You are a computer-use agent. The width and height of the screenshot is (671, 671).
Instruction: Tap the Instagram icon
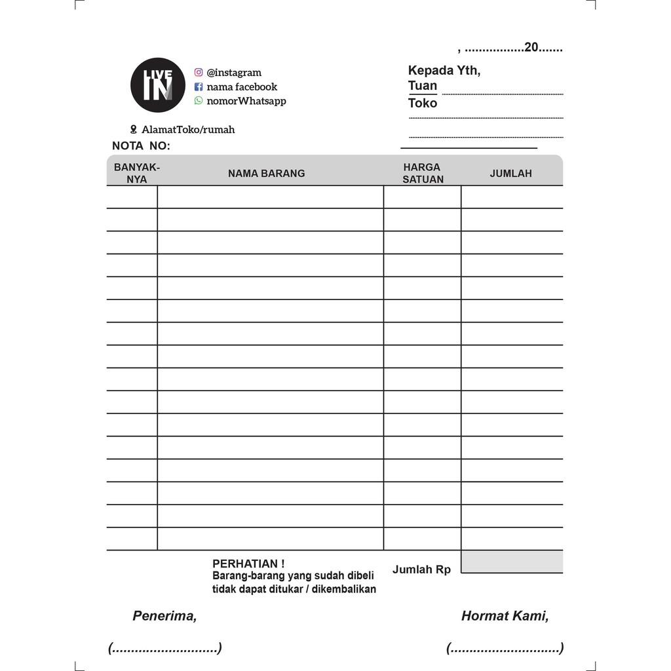click(x=199, y=73)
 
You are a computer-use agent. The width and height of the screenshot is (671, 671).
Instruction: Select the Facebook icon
click(x=199, y=86)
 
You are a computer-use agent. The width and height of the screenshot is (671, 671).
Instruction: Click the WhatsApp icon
click(x=199, y=101)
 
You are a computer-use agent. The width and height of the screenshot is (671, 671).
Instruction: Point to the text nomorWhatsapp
click(x=246, y=101)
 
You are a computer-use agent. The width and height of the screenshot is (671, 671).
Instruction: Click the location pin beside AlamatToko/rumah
click(x=134, y=130)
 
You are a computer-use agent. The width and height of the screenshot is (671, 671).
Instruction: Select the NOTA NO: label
click(x=141, y=145)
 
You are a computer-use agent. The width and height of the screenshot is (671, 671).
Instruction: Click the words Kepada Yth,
click(x=444, y=71)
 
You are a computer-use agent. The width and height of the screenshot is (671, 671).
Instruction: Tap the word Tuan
click(x=422, y=86)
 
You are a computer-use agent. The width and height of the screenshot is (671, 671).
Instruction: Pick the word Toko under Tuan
click(x=422, y=103)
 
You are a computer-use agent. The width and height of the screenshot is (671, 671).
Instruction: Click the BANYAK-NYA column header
click(x=136, y=173)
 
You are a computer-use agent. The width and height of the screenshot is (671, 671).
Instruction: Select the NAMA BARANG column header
click(x=266, y=174)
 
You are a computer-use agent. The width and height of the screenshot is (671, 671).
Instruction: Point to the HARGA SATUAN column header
click(x=423, y=173)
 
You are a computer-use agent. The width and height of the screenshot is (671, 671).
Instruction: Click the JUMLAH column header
click(x=510, y=174)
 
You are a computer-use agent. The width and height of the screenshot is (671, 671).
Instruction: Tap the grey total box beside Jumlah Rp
click(x=512, y=562)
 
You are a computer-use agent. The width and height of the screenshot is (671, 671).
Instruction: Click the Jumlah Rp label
click(x=421, y=569)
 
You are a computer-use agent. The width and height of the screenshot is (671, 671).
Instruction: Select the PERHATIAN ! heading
click(x=248, y=564)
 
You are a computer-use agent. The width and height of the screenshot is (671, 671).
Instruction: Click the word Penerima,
click(x=164, y=616)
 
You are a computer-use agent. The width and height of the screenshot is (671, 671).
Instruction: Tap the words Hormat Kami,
click(x=505, y=616)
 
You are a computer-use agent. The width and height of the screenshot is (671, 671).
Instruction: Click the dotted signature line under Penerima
click(x=165, y=649)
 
